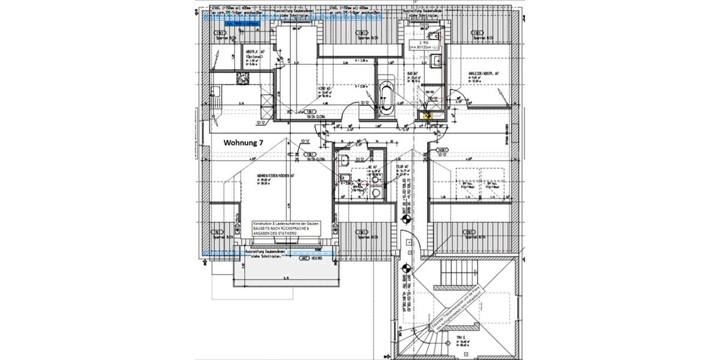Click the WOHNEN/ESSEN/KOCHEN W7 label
click(x=275, y=176)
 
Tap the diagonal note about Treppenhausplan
click(x=455, y=307)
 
